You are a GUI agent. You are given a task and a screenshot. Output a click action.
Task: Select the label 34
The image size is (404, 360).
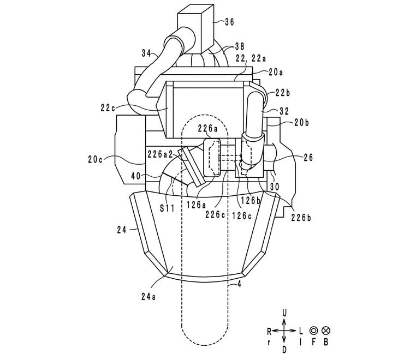[x=146, y=53]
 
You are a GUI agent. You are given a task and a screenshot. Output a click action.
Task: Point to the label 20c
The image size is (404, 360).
[x=96, y=160]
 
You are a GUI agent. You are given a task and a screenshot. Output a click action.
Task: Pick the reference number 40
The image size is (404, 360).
[x=136, y=176]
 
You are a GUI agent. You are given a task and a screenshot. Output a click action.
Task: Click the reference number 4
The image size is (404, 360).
[x=236, y=284]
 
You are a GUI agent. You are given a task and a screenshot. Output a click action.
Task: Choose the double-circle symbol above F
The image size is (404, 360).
[x=313, y=331]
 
